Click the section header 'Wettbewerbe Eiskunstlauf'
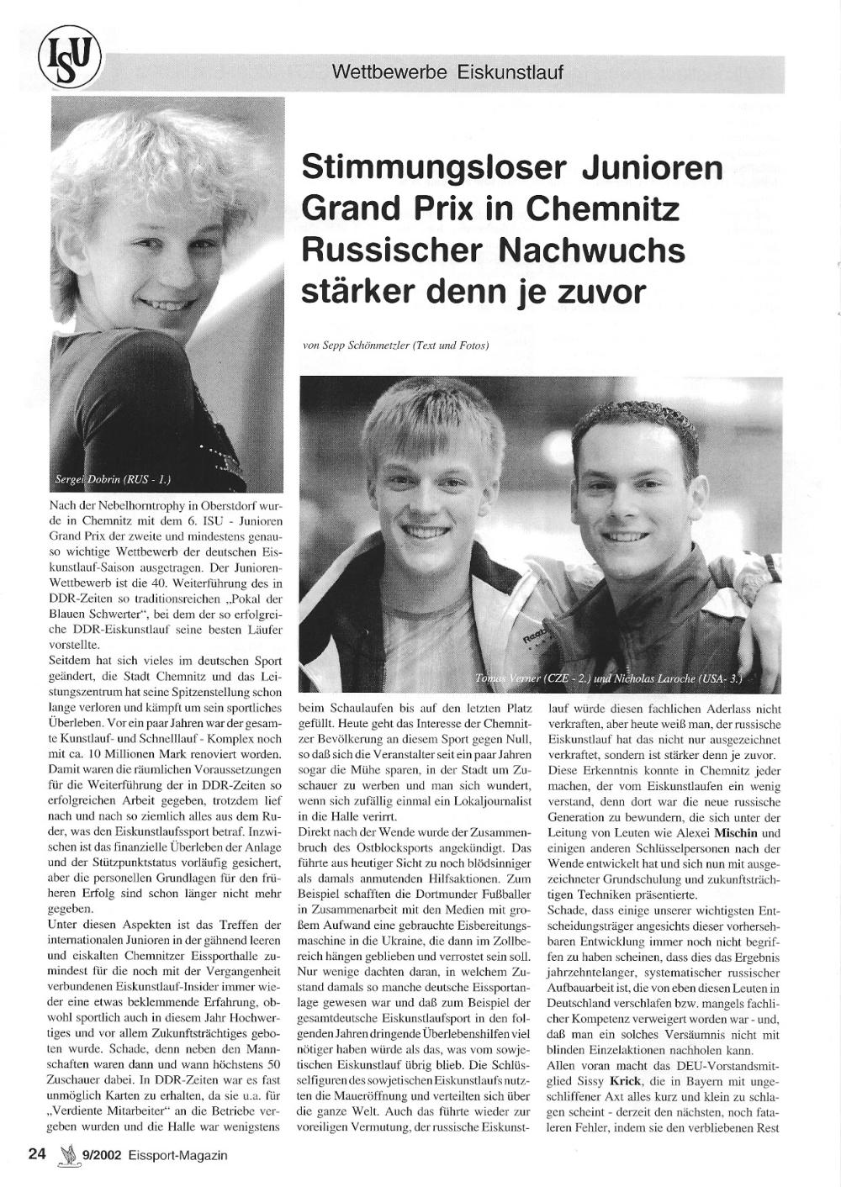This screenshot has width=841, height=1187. point(447,71)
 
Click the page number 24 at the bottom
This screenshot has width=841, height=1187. point(36,1155)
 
